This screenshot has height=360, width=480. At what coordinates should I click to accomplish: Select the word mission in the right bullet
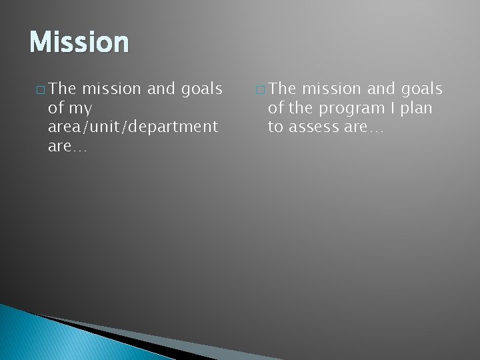[x=332, y=88]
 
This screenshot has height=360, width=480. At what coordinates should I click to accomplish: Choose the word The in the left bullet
[x=63, y=88]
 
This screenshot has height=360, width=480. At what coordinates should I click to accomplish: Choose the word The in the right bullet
[x=283, y=88]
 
